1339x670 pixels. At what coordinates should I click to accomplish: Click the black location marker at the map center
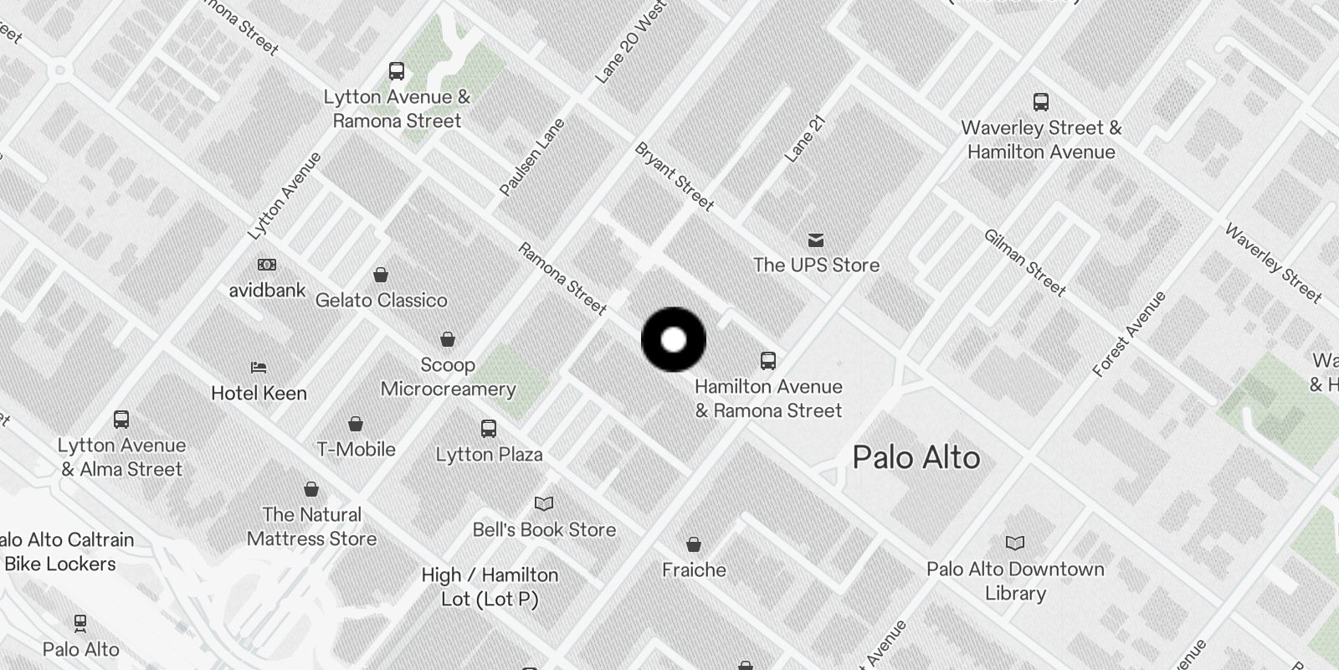(x=674, y=340)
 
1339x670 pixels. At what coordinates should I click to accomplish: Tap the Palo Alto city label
(x=916, y=458)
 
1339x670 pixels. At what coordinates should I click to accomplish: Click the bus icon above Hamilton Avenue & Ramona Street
(x=767, y=361)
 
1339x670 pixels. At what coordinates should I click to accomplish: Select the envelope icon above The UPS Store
(x=816, y=241)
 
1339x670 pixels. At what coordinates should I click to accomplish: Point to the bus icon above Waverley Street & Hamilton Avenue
(x=1040, y=102)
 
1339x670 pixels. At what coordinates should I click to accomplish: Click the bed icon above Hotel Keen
(x=259, y=368)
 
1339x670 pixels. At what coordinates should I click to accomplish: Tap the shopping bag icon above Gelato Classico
(x=381, y=275)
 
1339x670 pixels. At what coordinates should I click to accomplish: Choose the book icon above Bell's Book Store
(x=544, y=503)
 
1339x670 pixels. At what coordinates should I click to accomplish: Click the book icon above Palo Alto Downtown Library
(x=1014, y=544)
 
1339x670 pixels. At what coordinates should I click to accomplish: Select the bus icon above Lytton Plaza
(x=489, y=429)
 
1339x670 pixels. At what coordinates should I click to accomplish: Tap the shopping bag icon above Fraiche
(x=693, y=545)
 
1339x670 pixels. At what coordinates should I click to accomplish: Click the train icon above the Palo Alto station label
(x=80, y=623)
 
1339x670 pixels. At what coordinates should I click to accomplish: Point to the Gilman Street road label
(x=1024, y=263)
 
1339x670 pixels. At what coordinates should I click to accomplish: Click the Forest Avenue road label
(x=1129, y=334)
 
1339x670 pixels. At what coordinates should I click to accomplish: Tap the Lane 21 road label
(x=805, y=140)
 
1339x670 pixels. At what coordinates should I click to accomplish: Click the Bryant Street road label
(x=675, y=177)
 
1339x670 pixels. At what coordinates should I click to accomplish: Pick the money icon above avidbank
(x=267, y=265)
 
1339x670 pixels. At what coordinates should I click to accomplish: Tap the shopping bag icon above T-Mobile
(x=356, y=424)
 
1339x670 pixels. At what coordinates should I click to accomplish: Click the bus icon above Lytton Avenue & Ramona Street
(x=397, y=71)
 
